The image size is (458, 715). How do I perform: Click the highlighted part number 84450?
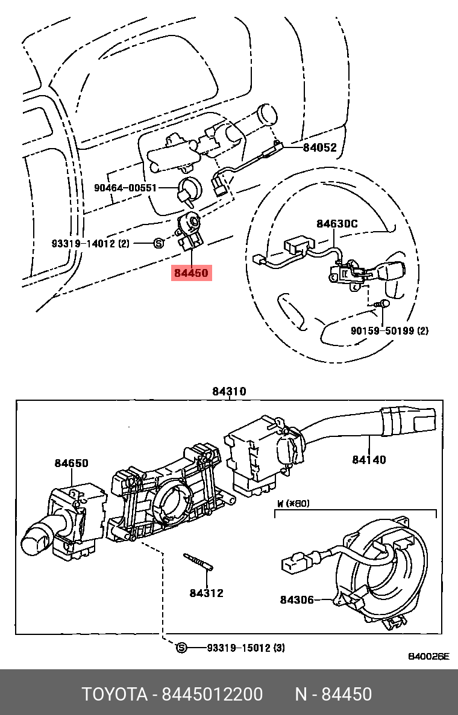coord(191,273)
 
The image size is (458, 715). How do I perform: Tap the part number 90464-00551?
coord(125,188)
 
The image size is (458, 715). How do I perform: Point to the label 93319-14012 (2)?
coord(90,243)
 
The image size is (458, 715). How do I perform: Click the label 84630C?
coord(337,224)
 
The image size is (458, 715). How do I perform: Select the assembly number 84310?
coord(229,392)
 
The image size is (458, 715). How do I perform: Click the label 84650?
coord(71,463)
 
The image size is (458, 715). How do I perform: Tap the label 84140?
coord(369,460)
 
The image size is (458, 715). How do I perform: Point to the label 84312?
coord(206,593)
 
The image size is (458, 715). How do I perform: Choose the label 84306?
coord(296,599)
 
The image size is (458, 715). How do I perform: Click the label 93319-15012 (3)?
coord(245,648)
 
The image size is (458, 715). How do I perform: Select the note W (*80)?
coord(293,503)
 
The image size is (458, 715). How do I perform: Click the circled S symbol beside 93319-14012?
coord(158,243)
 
